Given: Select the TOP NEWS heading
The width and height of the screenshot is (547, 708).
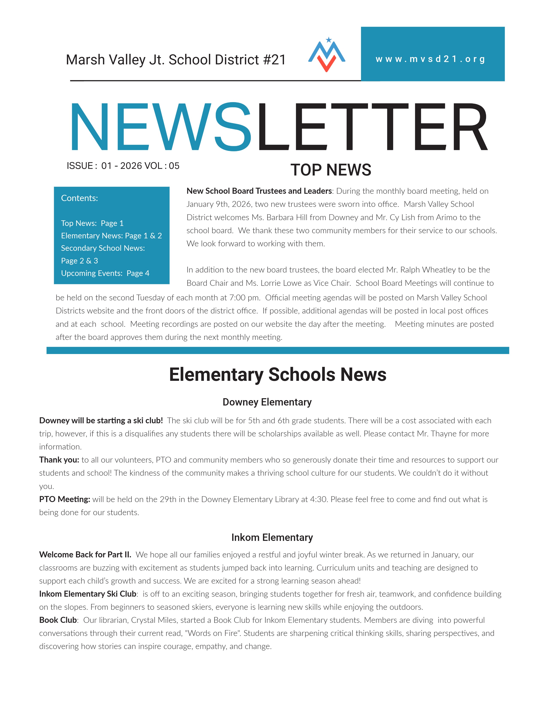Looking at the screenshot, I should point(331,170).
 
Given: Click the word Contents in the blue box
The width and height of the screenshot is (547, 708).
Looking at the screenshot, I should point(79,198).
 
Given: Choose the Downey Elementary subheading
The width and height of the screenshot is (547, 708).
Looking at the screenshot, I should point(267,402).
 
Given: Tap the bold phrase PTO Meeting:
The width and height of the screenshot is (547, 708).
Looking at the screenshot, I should point(65,499).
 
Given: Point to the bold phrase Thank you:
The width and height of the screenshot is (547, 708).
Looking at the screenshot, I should point(59,460).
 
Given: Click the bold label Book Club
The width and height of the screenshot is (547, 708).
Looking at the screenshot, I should point(58,620).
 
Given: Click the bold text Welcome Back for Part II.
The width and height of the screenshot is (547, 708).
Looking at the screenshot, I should point(85,555).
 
